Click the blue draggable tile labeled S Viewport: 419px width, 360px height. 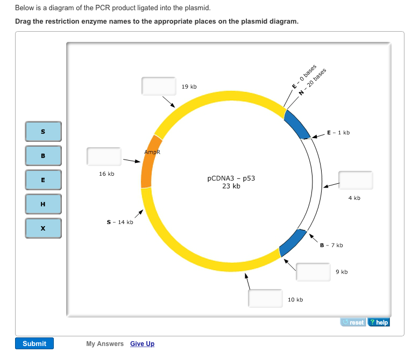point(43,132)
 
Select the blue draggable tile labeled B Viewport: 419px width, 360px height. point(43,156)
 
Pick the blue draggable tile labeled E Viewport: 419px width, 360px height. point(43,180)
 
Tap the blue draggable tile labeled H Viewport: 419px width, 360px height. point(43,204)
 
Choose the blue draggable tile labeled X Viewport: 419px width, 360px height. point(43,228)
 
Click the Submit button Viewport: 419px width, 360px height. point(34,343)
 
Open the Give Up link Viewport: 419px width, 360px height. point(142,344)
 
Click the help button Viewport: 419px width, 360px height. point(379,322)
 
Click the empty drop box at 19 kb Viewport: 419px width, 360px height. point(159,86)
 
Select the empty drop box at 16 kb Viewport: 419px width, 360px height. point(104,156)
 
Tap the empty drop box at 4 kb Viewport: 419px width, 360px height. point(356,181)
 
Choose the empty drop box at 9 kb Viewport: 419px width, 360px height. point(313,272)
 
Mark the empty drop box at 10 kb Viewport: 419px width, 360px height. point(265,298)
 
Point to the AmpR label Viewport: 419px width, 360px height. point(152,152)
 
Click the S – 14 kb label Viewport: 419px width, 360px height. point(120,222)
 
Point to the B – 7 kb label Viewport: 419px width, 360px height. point(331,245)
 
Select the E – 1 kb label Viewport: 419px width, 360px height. point(338,133)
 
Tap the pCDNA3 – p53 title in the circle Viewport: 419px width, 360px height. point(231,178)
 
